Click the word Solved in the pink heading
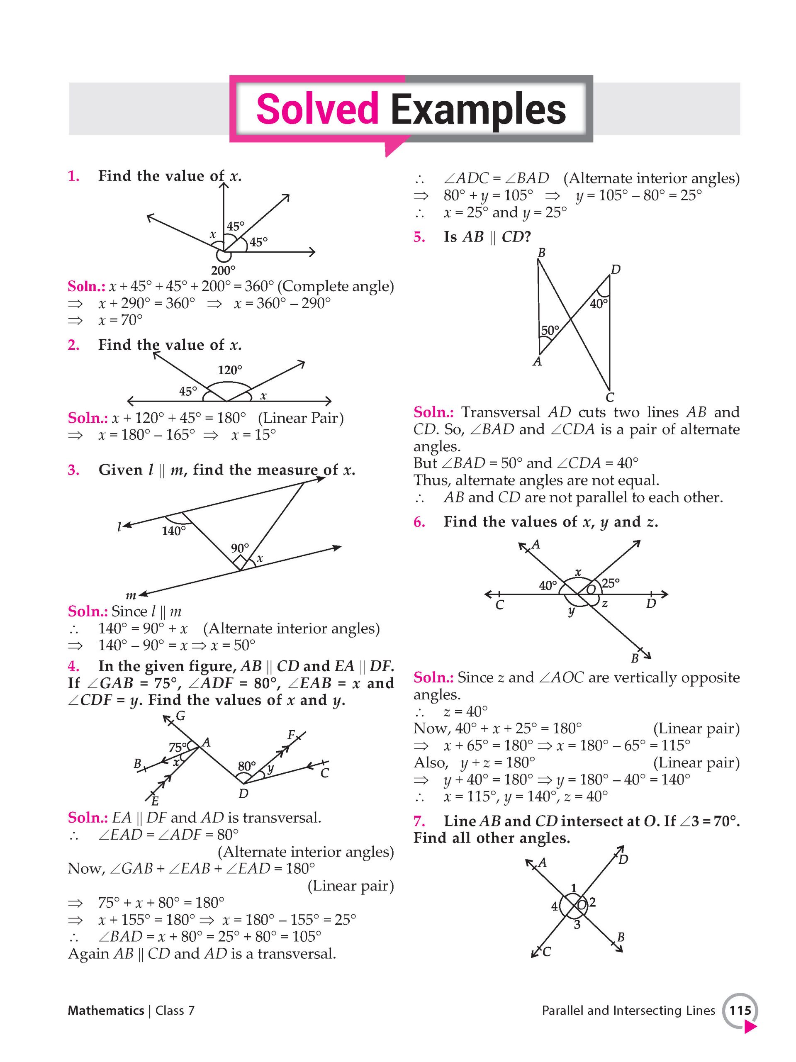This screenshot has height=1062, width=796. [x=317, y=110]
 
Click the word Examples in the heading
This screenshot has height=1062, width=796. [x=478, y=110]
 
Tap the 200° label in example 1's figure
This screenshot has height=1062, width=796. [x=223, y=270]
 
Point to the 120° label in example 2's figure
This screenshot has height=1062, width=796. [x=229, y=370]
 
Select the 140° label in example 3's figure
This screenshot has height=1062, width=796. [x=173, y=531]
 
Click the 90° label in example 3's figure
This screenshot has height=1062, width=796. [x=240, y=548]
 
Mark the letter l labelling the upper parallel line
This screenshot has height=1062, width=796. [x=119, y=527]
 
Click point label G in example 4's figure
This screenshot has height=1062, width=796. [x=180, y=716]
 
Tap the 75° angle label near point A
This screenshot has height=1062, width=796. [x=178, y=747]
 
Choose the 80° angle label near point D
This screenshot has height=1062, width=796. [x=247, y=766]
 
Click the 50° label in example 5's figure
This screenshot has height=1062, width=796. [x=550, y=330]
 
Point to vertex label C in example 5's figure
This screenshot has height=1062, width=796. [x=610, y=397]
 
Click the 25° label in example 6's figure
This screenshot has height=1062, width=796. [x=611, y=583]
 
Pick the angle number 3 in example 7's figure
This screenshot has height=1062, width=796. [x=577, y=925]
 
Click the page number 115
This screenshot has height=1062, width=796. [x=740, y=1011]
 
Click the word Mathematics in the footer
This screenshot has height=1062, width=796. [x=106, y=1011]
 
